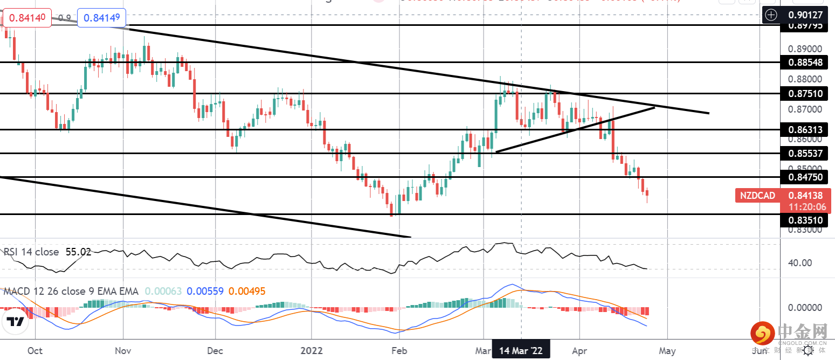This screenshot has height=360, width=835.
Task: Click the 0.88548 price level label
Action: coord(805,63)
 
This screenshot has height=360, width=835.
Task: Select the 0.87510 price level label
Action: coord(805,94)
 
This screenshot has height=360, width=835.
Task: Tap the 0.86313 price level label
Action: coord(805,130)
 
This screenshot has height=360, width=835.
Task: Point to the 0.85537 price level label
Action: coord(805,154)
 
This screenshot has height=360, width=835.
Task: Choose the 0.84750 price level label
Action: coord(805,177)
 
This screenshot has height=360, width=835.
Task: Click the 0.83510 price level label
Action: coord(805,220)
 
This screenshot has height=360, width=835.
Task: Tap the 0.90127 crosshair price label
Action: coord(805,15)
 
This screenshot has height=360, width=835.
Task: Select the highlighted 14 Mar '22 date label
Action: coord(521,351)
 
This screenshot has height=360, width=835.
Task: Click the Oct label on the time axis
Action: coord(35,351)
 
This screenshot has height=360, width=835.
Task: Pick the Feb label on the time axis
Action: coord(399,351)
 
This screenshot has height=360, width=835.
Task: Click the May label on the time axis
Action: coord(667,351)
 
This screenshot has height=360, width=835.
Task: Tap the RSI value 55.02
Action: coord(78,252)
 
